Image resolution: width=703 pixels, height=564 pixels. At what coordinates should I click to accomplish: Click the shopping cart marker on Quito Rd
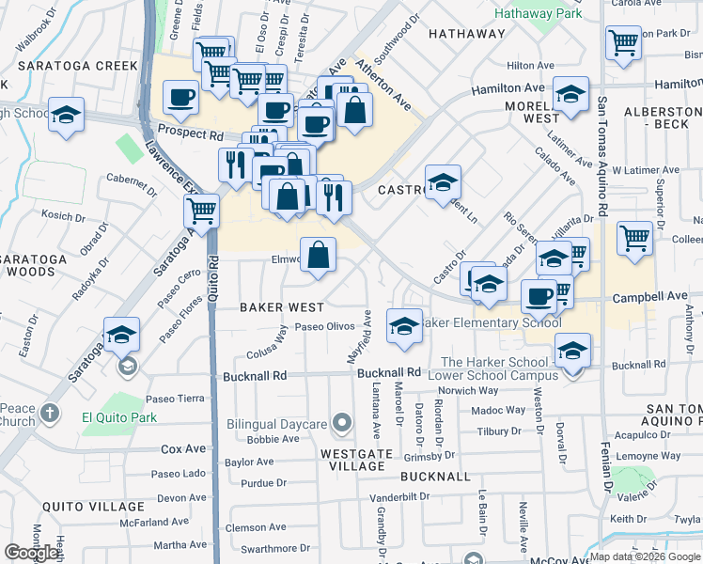tap(202, 210)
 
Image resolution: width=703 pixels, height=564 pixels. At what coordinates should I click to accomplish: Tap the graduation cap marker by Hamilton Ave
tap(570, 95)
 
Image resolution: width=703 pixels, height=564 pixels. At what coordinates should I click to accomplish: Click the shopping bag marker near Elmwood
tap(319, 255)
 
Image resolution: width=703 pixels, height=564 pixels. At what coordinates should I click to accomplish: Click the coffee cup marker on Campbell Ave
tap(539, 296)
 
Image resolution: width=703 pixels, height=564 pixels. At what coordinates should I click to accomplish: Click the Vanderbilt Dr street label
tap(399, 496)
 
